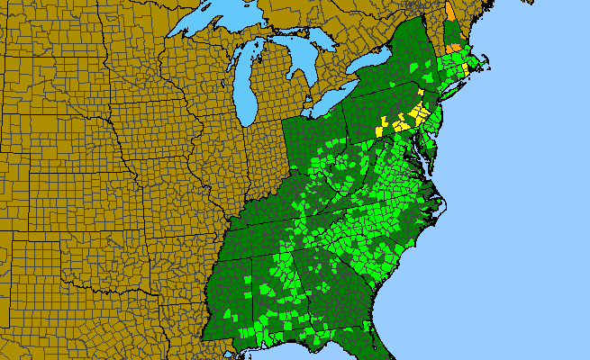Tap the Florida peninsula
click(x=378, y=346)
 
